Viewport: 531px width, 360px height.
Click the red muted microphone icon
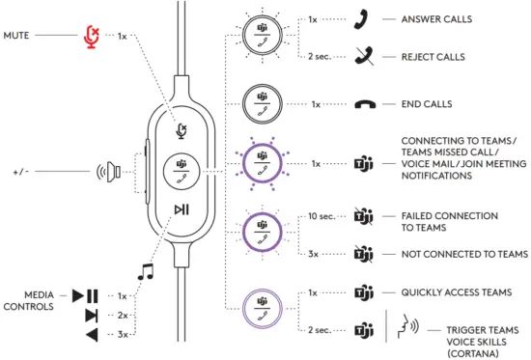(92, 36)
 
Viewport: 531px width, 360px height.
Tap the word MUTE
(18, 36)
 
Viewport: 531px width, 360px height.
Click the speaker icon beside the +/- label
(108, 175)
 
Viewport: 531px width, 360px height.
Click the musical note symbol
(146, 272)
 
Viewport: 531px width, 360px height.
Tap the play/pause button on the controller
(182, 209)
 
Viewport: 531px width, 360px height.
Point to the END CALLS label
(434, 104)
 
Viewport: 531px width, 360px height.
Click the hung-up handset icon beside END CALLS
(365, 104)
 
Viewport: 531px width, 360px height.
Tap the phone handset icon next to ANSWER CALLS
(364, 19)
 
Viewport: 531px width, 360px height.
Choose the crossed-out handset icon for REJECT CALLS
(364, 57)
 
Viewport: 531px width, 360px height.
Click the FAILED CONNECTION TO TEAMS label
(449, 222)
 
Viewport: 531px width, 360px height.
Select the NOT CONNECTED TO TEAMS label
(464, 254)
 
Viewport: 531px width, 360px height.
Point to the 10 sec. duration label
(321, 216)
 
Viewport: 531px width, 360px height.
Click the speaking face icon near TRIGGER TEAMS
(404, 327)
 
